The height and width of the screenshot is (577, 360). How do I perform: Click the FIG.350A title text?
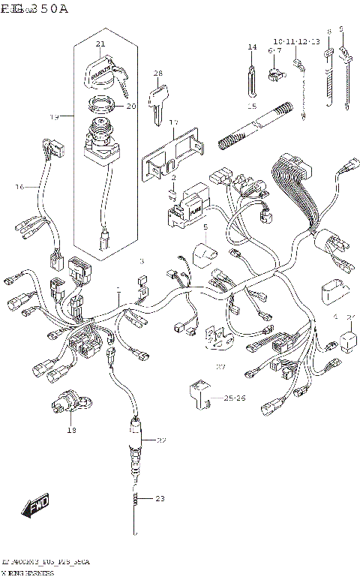point(34,9)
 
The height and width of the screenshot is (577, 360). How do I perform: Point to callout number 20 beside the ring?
point(131,106)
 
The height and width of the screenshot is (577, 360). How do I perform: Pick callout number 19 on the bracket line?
point(54,117)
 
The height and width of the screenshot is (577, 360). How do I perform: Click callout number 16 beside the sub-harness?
point(20,186)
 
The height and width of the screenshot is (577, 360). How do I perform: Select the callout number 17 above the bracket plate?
point(173,122)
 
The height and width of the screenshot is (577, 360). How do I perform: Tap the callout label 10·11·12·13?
point(296,41)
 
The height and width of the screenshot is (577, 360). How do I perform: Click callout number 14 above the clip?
point(252,47)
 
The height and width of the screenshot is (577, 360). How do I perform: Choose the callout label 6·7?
point(274,50)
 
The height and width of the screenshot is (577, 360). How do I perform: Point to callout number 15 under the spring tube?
point(253,107)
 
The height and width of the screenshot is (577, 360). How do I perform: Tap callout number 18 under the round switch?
point(71,430)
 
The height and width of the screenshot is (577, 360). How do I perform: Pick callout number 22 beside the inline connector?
point(161,440)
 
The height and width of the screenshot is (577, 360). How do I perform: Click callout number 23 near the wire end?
point(159,498)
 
